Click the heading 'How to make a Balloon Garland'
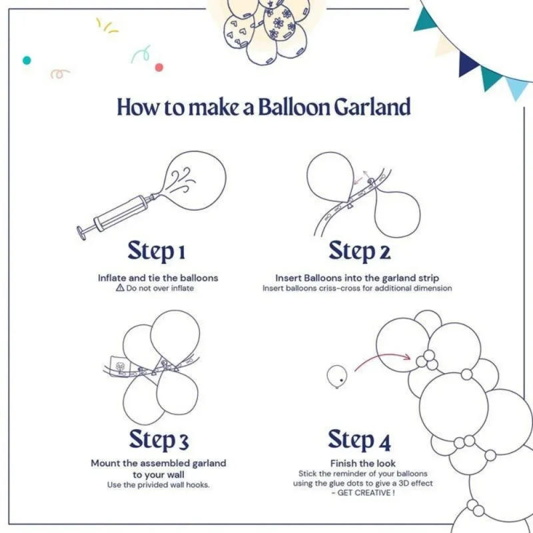pyautogui.click(x=263, y=107)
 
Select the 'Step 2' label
pyautogui.click(x=359, y=251)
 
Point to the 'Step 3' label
pyautogui.click(x=159, y=440)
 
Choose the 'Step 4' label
pyautogui.click(x=359, y=440)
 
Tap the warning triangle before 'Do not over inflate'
pyautogui.click(x=120, y=288)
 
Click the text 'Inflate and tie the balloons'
pyautogui.click(x=158, y=277)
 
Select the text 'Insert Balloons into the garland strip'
pyautogui.click(x=357, y=277)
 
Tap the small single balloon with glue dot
pyautogui.click(x=336, y=376)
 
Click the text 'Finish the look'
pyautogui.click(x=362, y=463)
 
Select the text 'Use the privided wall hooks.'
pyautogui.click(x=158, y=484)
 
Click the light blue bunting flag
pyautogui.click(x=517, y=87)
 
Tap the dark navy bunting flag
pyautogui.click(x=468, y=62)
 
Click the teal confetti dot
pyautogui.click(x=27, y=60)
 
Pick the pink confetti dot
pyautogui.click(x=159, y=67)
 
